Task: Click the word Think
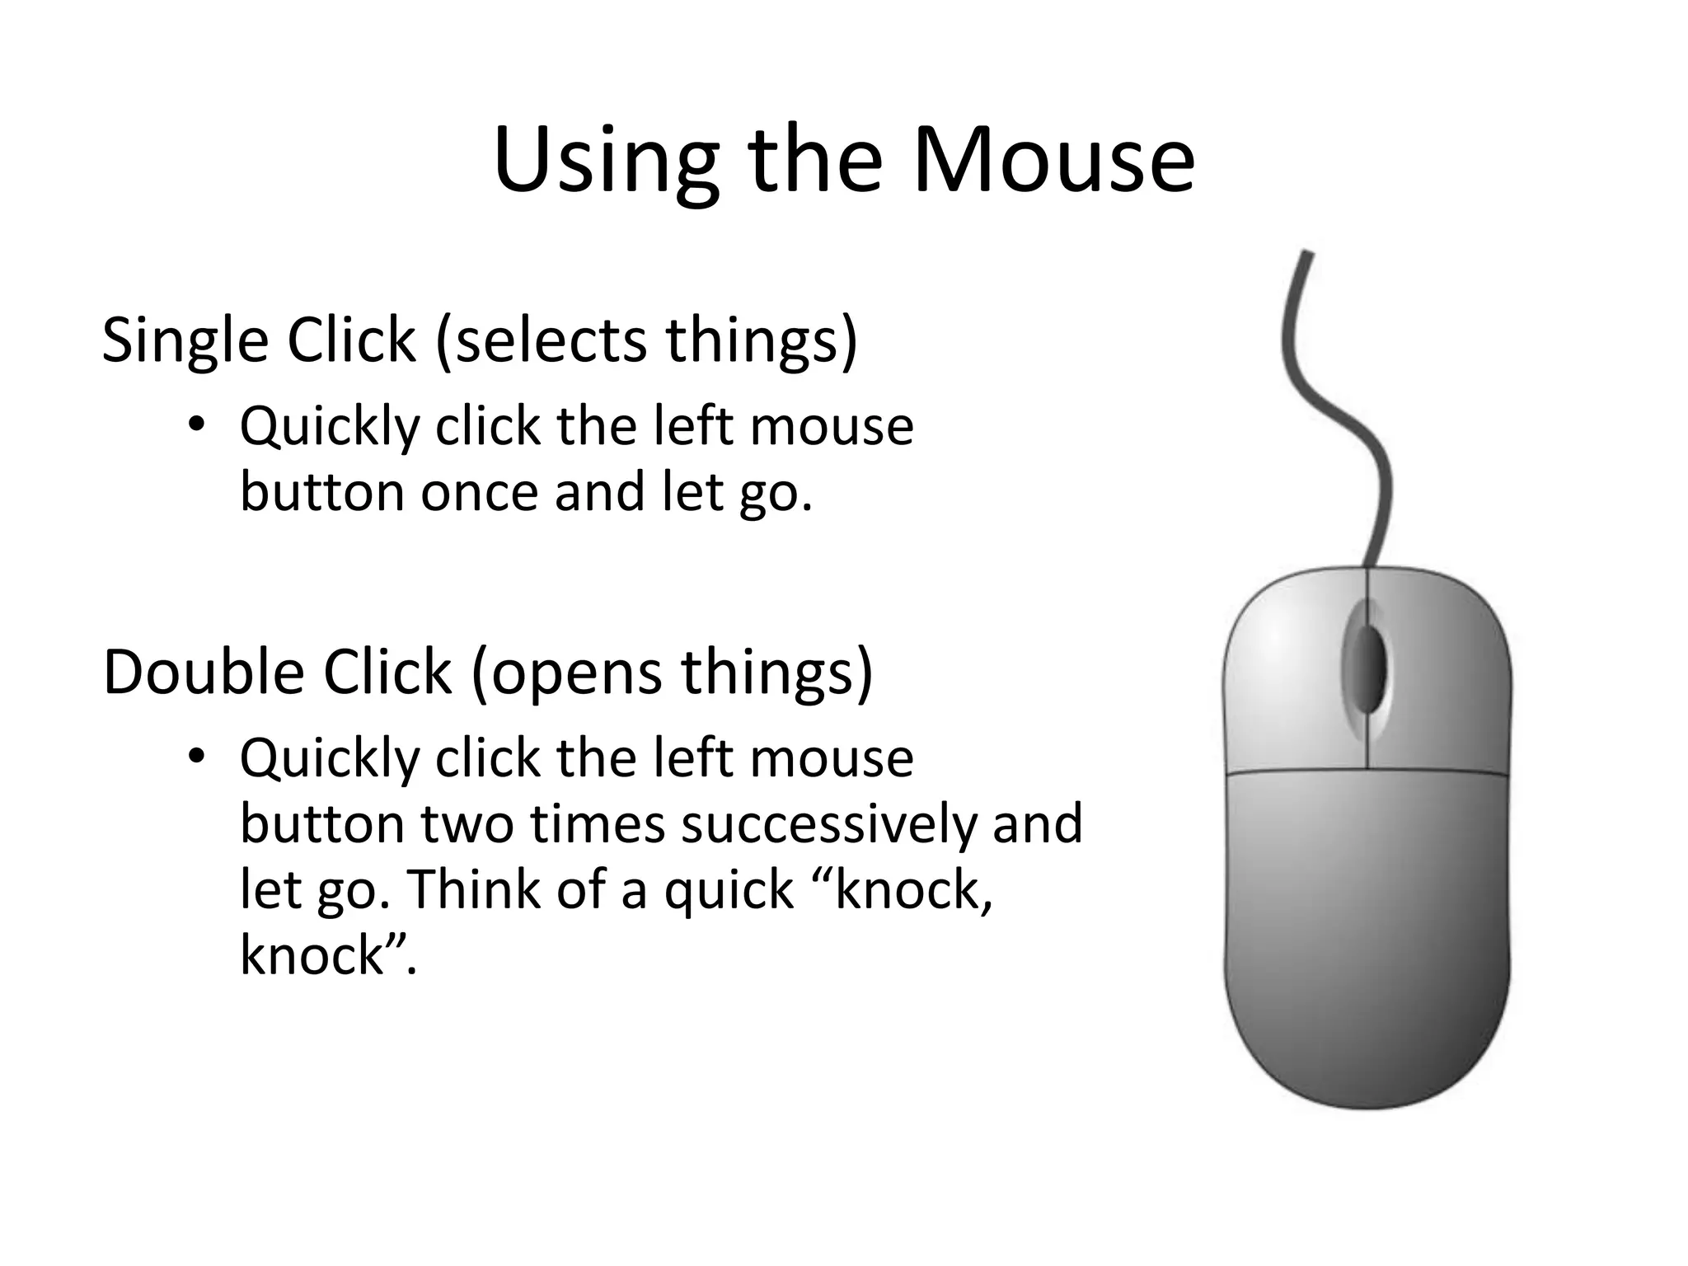[473, 889]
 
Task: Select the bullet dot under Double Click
[195, 756]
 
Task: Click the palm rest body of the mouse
[1367, 931]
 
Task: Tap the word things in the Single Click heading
[762, 340]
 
